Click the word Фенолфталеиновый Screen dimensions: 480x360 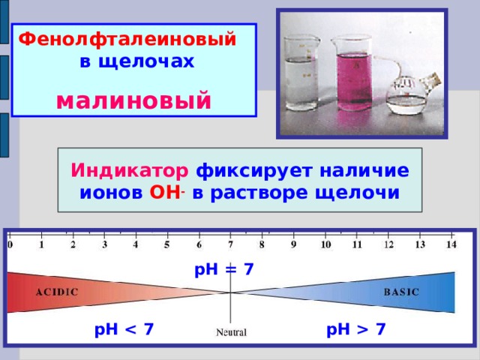(x=127, y=40)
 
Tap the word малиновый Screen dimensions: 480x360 (x=133, y=100)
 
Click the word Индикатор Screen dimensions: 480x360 (x=130, y=170)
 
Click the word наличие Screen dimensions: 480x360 (x=364, y=170)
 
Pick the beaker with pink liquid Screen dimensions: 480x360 (x=355, y=73)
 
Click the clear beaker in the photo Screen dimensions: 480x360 (x=301, y=73)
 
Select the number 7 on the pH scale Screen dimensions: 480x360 (x=231, y=244)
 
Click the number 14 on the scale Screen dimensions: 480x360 (x=451, y=244)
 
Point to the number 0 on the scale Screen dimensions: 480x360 (x=10, y=244)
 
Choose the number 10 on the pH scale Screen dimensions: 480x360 (x=325, y=244)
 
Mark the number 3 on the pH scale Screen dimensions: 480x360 (x=105, y=244)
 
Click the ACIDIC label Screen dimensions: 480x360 (x=57, y=292)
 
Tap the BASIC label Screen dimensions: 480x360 (x=401, y=292)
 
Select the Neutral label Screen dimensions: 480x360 (x=231, y=332)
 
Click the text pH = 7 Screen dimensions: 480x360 (x=224, y=270)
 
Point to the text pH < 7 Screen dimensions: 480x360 (x=124, y=330)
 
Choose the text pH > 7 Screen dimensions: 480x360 (x=356, y=330)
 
